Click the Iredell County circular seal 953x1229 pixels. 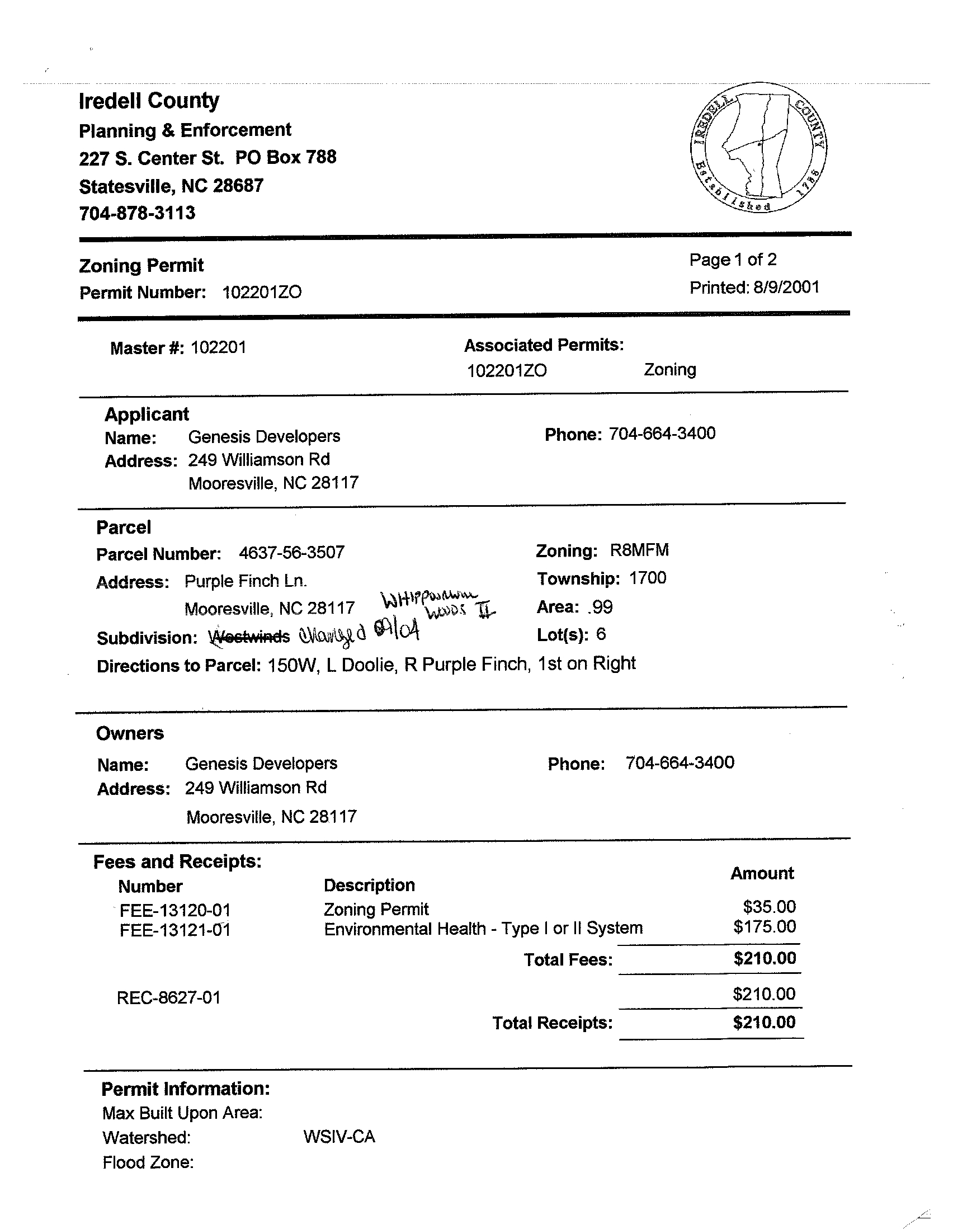click(758, 147)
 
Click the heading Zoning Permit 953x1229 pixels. click(141, 265)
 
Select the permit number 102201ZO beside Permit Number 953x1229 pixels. click(262, 292)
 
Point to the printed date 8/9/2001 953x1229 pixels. click(786, 288)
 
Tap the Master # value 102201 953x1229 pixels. click(218, 347)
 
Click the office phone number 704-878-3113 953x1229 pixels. click(137, 213)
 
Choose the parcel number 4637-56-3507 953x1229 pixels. click(291, 553)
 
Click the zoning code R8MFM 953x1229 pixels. click(639, 550)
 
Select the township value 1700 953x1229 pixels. click(648, 578)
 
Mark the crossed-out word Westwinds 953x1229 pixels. click(249, 637)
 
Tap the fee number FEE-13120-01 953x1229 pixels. click(175, 911)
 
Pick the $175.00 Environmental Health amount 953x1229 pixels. click(765, 927)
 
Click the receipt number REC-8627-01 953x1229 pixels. click(168, 998)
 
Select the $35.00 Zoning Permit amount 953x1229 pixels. click(769, 907)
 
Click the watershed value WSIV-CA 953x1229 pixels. click(339, 1137)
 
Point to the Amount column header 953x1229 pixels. click(762, 873)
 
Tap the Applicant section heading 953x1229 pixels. click(147, 414)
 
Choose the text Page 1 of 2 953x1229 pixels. click(733, 260)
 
